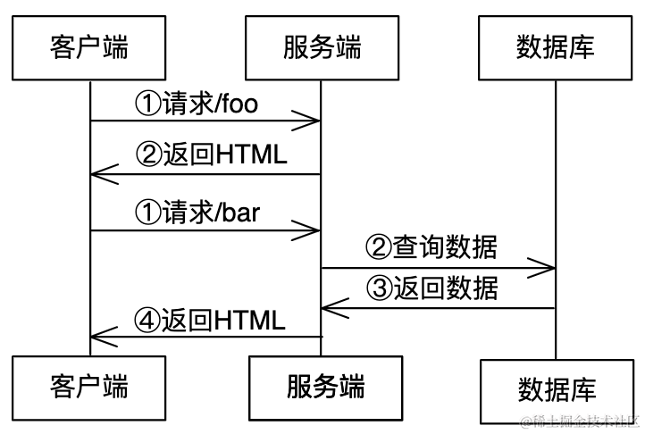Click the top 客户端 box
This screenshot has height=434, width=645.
89,46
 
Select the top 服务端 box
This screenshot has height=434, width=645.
322,46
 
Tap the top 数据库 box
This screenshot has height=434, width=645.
555,46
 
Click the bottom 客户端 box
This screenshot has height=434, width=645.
89,387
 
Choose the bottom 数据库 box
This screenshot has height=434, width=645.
557,389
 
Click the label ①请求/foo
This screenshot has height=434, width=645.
196,104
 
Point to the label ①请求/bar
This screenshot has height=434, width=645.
196,213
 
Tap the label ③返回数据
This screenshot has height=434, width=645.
431,289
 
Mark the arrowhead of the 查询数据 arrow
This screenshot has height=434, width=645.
548,266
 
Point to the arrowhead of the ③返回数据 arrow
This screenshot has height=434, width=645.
329,308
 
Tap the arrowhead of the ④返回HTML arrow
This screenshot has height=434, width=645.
97,337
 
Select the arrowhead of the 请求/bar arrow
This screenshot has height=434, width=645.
314,230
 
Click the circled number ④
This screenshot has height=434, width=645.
147,320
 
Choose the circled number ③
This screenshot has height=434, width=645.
380,289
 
